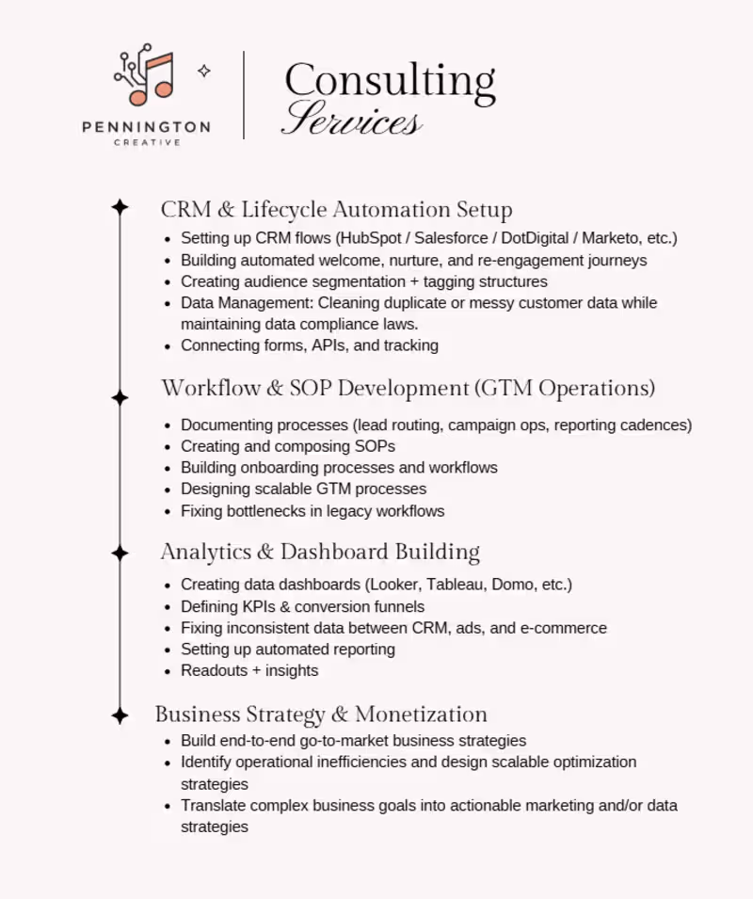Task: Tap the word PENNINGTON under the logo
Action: [x=146, y=127]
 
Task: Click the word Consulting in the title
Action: [x=390, y=82]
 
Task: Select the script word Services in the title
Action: [x=352, y=120]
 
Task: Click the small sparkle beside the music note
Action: [x=203, y=71]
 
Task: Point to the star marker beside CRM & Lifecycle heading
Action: [x=120, y=208]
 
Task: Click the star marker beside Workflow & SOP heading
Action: [x=120, y=397]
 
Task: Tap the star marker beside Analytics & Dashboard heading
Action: [x=120, y=552]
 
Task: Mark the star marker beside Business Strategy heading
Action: [x=120, y=715]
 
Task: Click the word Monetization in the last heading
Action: [x=422, y=714]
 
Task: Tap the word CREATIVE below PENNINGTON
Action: [x=147, y=143]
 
